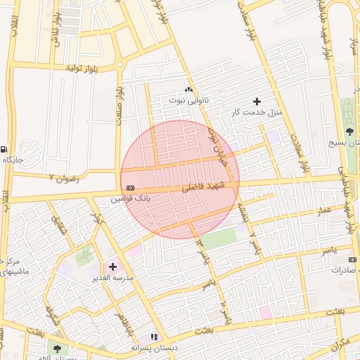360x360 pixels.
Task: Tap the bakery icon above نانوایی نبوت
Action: (188, 90)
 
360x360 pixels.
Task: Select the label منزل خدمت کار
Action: (257, 112)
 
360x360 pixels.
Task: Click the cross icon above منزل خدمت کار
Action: (257, 102)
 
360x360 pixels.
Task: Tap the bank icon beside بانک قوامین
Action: (131, 188)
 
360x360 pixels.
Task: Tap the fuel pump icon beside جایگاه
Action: (5, 149)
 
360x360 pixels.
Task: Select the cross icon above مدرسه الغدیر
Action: (112, 266)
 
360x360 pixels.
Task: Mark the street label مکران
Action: (340, 344)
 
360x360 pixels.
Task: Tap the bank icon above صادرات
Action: (352, 259)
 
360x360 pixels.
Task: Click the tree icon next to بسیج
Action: (349, 131)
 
